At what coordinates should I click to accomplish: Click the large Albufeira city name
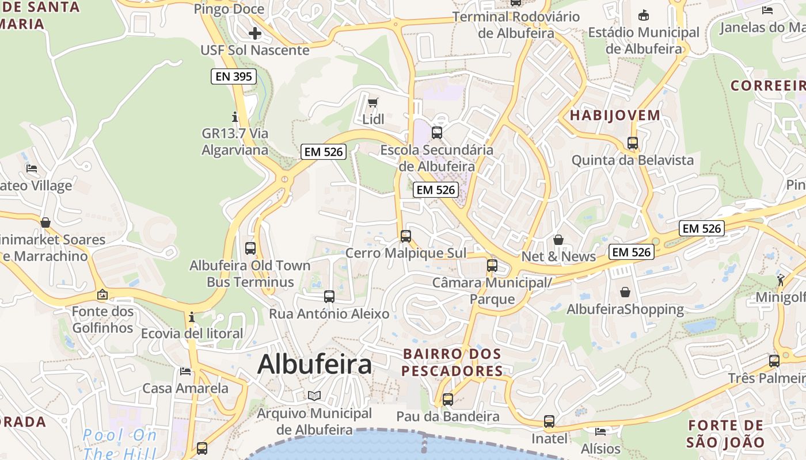tap(314, 365)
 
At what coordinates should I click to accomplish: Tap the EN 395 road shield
tap(233, 76)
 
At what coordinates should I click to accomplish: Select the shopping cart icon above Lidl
tap(373, 103)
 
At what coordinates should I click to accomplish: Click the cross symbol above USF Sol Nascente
tap(254, 33)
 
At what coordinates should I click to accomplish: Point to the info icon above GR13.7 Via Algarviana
tap(234, 117)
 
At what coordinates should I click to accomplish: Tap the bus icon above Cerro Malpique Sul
tap(406, 236)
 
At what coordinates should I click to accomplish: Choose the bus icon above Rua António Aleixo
tap(329, 297)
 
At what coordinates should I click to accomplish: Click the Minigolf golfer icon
tap(780, 280)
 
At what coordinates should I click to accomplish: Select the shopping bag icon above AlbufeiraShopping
tap(625, 292)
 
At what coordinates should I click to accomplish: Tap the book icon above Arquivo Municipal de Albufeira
tap(314, 396)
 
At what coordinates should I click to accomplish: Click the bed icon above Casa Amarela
tap(185, 371)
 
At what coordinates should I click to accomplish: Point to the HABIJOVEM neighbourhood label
tap(615, 115)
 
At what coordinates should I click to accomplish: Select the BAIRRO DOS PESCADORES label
tap(452, 362)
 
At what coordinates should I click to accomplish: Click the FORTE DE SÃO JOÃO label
tap(725, 434)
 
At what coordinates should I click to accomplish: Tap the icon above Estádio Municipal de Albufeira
tap(644, 16)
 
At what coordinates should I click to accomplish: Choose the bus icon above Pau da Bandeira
tap(448, 399)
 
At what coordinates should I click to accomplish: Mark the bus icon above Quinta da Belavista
tap(633, 143)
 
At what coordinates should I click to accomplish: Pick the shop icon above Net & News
tap(558, 239)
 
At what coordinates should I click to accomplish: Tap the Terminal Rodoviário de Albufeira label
tap(516, 25)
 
